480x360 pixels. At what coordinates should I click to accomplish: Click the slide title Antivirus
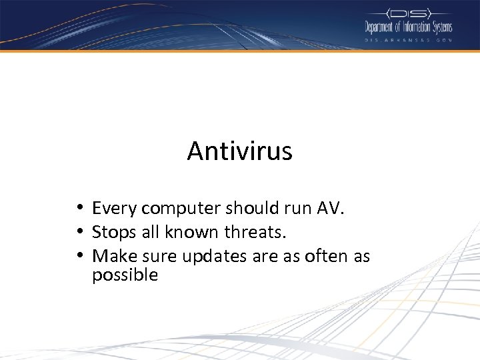(x=239, y=151)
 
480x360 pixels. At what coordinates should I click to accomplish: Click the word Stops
(x=112, y=233)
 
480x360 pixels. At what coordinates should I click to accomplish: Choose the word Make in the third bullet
(x=111, y=256)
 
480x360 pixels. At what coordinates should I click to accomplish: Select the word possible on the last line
(x=125, y=275)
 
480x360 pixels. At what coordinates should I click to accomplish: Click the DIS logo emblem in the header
(x=408, y=13)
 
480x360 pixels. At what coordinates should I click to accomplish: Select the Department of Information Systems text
(x=408, y=27)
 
